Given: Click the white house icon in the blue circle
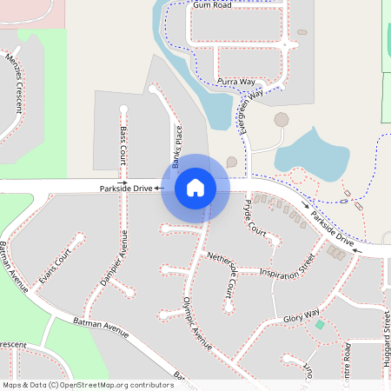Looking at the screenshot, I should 195,187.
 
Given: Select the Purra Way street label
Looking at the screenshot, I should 236,80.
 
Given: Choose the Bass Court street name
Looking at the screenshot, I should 123,145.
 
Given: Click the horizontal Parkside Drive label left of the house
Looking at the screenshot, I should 126,187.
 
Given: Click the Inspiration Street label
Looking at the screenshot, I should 290,268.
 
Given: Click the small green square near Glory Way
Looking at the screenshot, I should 320,325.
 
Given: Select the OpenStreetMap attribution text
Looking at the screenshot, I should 87,384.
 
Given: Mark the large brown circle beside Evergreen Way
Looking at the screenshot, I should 282,119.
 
